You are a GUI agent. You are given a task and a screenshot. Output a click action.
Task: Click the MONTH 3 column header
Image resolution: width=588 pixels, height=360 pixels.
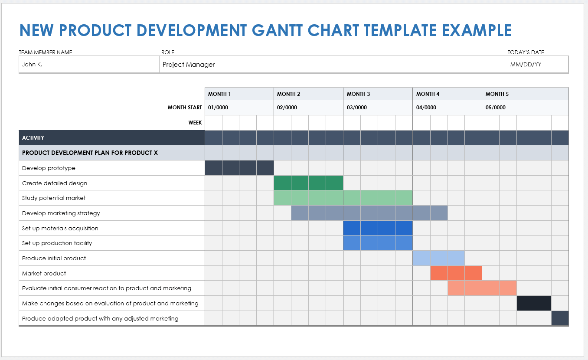point(358,94)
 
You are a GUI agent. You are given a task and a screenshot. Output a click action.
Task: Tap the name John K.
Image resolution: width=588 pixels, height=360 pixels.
point(32,65)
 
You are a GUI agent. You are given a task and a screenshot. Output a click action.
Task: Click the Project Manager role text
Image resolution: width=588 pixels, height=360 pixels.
point(189,65)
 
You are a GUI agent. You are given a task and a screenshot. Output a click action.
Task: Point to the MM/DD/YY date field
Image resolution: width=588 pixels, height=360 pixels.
point(526,65)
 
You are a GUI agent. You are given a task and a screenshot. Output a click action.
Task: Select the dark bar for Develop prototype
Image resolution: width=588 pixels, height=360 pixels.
point(239,168)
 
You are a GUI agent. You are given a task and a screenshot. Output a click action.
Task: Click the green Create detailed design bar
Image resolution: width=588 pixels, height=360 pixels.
point(308,183)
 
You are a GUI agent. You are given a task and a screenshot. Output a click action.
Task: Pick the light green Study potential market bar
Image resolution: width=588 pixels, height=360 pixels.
point(343,198)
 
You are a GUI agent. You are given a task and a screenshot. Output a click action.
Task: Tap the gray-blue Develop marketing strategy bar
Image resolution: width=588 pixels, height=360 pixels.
point(369,213)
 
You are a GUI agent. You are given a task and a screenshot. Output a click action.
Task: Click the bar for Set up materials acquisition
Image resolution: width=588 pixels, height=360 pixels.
point(378,228)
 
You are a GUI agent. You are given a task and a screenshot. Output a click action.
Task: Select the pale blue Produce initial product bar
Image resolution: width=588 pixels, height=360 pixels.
point(438,258)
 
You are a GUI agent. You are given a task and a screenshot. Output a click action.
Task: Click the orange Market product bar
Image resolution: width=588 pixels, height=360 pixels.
point(456,273)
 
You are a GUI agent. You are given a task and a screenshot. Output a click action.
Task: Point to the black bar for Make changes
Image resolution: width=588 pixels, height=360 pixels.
point(534,303)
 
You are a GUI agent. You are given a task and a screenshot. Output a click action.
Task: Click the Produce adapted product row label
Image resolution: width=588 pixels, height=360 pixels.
point(100,318)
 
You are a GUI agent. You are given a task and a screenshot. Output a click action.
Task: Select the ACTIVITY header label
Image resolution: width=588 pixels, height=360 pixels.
point(33,138)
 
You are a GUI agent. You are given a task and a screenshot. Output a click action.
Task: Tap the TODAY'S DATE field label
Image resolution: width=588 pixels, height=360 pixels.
point(526,52)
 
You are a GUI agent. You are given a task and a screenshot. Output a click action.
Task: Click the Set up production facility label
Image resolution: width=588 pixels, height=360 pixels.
point(57,243)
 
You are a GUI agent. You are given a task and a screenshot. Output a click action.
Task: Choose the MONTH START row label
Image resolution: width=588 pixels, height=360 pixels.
point(185,108)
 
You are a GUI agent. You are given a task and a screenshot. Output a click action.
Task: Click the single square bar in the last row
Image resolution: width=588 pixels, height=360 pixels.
point(560,318)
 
